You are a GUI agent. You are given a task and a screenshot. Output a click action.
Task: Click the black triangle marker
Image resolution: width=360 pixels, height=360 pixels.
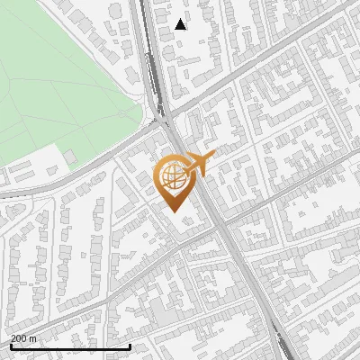[x=181, y=24]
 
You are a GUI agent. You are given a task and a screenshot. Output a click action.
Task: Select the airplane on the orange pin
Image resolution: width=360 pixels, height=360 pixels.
[x=199, y=163]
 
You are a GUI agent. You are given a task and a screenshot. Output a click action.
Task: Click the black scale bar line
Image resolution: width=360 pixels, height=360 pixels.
[x=70, y=346]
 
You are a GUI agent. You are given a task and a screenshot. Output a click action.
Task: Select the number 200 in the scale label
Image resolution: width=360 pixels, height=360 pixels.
[x=19, y=338]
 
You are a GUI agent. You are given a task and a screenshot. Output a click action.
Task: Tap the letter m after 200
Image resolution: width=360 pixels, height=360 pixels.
[x=33, y=338]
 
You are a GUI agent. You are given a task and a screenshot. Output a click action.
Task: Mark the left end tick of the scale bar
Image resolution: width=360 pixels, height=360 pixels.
[x=10, y=346]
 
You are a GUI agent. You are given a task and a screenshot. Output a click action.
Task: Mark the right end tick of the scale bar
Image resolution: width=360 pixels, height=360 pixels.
[x=130, y=346]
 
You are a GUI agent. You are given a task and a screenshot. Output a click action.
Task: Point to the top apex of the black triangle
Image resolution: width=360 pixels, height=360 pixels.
[x=181, y=19]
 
